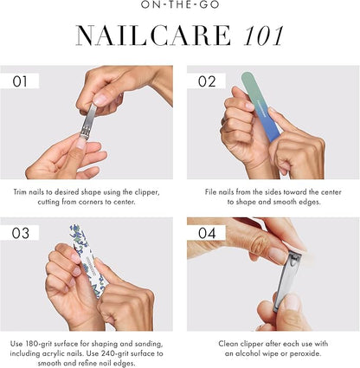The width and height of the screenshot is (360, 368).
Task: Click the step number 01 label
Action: tap(20, 81)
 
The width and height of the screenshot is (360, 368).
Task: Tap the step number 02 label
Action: tap(207, 81)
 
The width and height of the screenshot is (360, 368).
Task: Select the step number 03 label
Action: tap(21, 233)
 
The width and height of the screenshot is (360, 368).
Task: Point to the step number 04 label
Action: tap(207, 233)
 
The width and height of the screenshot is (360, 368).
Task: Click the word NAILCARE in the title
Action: tap(154, 36)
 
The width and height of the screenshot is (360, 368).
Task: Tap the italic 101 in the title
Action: tap(263, 36)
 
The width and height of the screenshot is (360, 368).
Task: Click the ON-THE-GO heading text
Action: tap(180, 5)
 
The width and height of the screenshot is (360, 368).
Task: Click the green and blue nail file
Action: tap(260, 107)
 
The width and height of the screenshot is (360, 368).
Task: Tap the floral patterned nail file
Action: tap(89, 261)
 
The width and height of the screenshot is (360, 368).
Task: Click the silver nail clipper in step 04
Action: tap(288, 281)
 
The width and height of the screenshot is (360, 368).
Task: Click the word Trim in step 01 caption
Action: tap(20, 192)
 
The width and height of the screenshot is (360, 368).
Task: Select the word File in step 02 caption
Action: tap(211, 192)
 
